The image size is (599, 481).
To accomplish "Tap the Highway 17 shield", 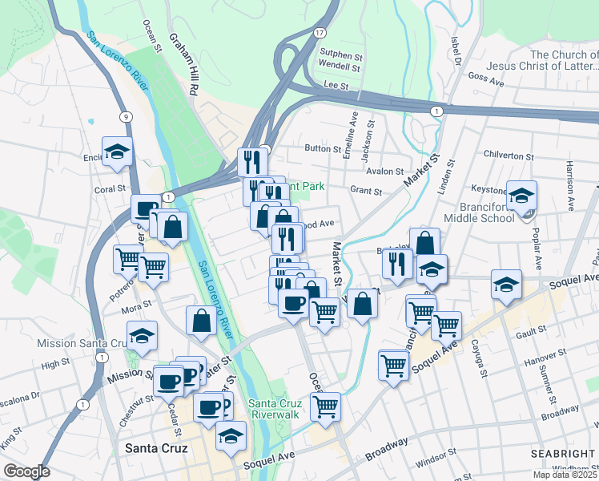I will (320, 32).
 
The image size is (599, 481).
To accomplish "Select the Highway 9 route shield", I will (126, 117).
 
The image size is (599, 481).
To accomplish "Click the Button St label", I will (324, 148).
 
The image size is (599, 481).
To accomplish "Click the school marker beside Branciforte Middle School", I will (521, 196).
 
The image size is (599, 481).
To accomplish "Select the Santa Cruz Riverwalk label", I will (275, 409).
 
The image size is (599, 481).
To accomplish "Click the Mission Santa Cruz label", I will (78, 343).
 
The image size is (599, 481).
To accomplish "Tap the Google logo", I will (26, 471).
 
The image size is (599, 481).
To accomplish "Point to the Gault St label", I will (531, 329).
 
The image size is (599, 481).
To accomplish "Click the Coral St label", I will (111, 190).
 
